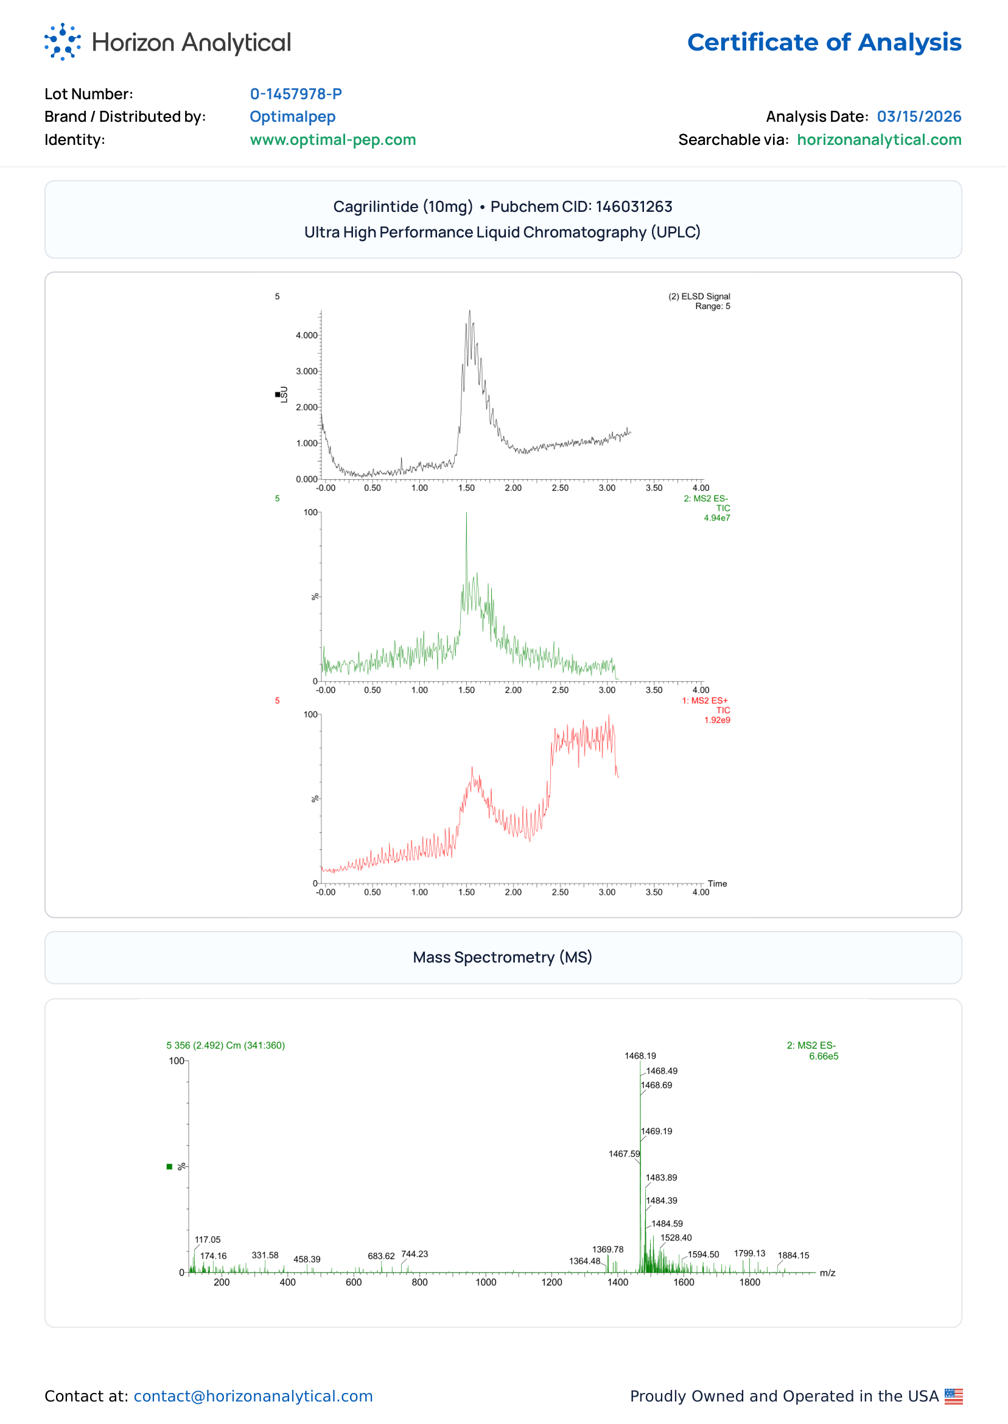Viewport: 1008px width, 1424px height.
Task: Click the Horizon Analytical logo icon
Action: tap(63, 42)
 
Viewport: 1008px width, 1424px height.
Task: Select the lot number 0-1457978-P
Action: tap(296, 94)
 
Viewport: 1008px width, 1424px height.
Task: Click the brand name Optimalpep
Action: tap(293, 117)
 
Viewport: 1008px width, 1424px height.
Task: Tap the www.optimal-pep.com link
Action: tap(334, 139)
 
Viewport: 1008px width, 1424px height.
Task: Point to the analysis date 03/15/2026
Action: tap(920, 117)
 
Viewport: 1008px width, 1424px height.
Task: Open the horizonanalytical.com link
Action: tap(880, 139)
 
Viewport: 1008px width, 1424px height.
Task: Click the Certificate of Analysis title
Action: tap(825, 42)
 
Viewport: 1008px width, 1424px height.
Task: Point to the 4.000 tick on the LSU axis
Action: tap(307, 336)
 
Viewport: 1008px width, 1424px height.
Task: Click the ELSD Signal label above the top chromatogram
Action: tap(700, 296)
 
